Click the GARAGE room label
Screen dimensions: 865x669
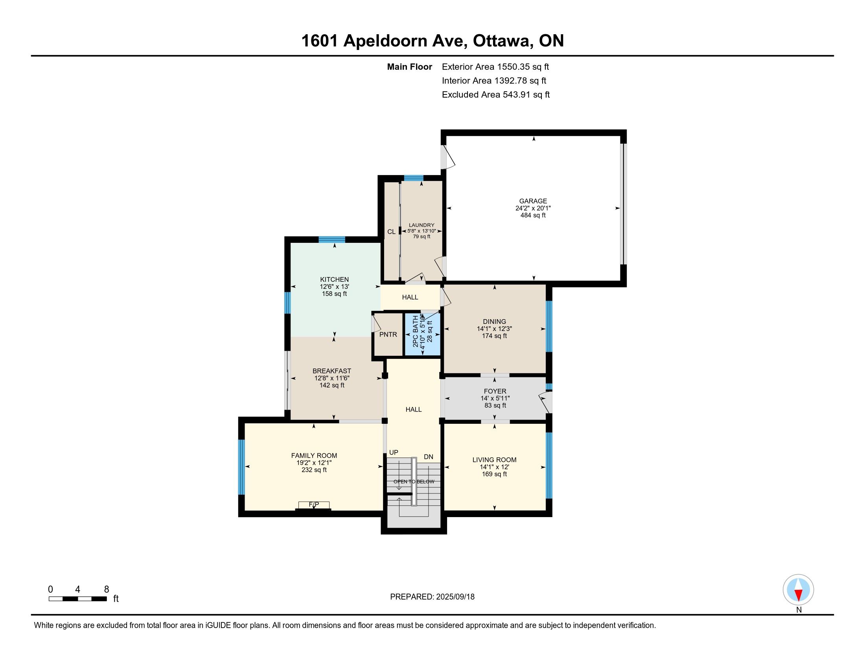tap(533, 201)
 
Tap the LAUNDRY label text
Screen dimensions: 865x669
tap(421, 225)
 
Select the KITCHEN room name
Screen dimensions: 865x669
tap(334, 279)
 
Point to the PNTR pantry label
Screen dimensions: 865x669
tap(388, 334)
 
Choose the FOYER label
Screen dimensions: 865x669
tap(495, 391)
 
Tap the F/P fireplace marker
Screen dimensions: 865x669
tap(314, 505)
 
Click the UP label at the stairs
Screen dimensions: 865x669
tap(394, 453)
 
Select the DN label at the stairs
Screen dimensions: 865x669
tap(429, 457)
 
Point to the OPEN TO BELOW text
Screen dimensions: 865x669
tap(414, 482)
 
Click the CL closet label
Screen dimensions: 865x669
tap(391, 232)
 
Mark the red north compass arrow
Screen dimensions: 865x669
tap(799, 595)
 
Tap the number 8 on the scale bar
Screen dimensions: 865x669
tap(107, 590)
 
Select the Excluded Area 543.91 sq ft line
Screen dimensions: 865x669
tap(496, 95)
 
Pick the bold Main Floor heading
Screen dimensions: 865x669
tap(410, 67)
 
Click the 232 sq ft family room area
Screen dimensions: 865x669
tap(314, 470)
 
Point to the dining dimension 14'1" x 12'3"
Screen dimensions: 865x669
tap(495, 329)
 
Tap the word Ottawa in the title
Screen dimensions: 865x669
tap(502, 41)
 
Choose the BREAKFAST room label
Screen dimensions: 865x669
tap(332, 371)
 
